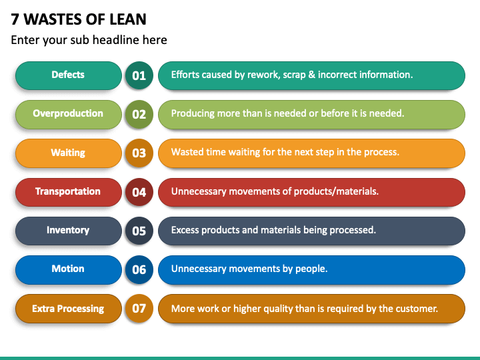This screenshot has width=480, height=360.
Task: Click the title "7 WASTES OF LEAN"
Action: click(79, 19)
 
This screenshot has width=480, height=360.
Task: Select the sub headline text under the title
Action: click(89, 40)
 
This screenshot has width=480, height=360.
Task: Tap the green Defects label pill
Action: click(69, 75)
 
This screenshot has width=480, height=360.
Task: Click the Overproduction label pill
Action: click(69, 114)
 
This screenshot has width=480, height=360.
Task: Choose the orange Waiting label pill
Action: click(69, 153)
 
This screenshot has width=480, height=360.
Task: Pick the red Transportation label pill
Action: click(69, 192)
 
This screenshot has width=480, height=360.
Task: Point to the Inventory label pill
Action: click(69, 231)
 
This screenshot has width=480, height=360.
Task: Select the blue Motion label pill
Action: click(69, 270)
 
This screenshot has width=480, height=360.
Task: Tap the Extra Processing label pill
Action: click(69, 309)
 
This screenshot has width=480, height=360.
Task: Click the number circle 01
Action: click(139, 75)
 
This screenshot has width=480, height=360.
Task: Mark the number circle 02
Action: click(139, 114)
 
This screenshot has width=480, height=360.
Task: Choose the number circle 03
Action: click(139, 153)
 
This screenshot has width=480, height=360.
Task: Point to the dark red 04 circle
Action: click(139, 192)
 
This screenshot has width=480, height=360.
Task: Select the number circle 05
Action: click(139, 231)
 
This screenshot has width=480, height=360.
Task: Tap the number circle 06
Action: click(139, 270)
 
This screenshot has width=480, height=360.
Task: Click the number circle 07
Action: click(139, 309)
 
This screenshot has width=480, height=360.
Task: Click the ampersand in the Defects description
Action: click(311, 75)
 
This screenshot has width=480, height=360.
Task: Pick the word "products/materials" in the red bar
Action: click(336, 191)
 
